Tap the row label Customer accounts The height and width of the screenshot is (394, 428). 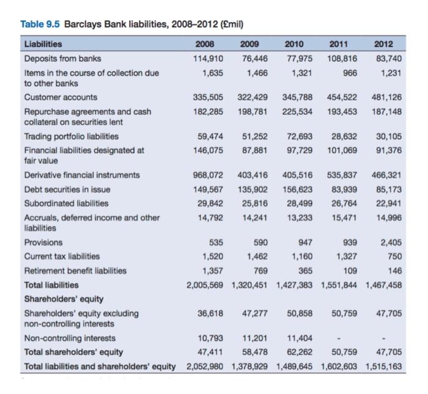(x=60, y=97)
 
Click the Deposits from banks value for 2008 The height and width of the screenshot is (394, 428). (x=206, y=58)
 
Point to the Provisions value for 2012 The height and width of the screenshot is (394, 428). (x=391, y=242)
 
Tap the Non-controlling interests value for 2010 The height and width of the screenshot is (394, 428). (x=298, y=338)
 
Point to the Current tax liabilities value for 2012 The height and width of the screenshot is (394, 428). (x=394, y=256)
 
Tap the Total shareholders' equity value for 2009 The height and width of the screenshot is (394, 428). (x=253, y=352)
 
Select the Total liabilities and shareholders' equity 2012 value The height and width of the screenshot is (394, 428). (x=385, y=366)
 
